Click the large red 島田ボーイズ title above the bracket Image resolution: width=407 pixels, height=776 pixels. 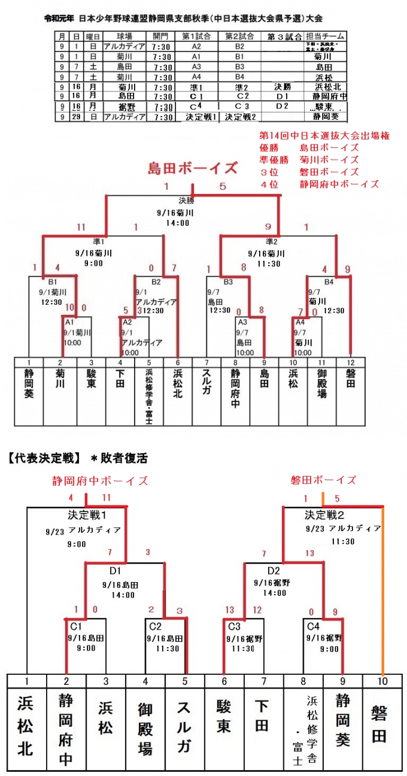(193, 168)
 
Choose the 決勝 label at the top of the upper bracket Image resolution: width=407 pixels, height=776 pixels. (187, 201)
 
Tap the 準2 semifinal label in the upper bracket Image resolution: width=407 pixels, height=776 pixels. (271, 242)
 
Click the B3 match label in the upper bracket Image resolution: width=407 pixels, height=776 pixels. (229, 281)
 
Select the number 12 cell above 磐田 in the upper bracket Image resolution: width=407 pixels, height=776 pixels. (351, 362)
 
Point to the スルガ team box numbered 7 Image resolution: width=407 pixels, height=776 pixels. (206, 383)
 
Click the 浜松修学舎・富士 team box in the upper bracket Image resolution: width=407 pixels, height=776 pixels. (148, 395)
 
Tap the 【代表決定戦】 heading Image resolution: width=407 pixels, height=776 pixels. (43, 459)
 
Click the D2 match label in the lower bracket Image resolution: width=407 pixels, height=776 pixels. (274, 570)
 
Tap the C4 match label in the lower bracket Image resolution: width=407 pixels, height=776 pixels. (313, 626)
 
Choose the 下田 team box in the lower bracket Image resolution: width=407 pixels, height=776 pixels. (264, 725)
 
